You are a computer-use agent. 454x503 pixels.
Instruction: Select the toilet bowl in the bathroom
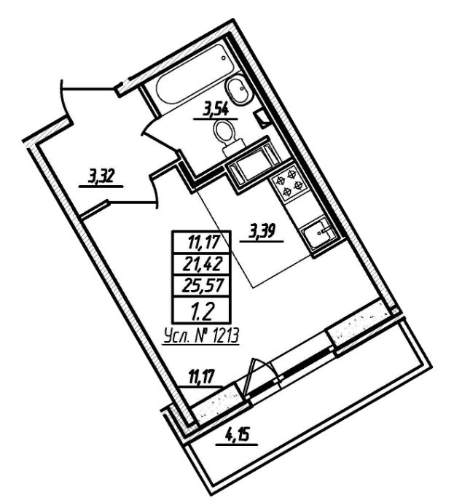226,134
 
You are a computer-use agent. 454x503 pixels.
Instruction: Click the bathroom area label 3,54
215,110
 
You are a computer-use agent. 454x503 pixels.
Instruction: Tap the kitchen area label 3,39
263,233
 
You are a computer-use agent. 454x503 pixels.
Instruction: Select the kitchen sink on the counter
318,235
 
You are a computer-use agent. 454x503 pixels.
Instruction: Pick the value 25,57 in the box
202,286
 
